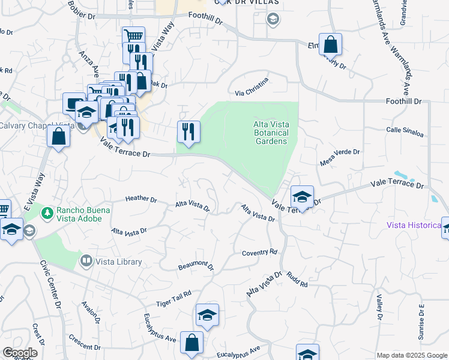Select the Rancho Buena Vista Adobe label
coord(82,215)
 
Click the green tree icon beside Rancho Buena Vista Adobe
coord(47,211)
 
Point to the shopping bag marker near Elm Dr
coord(330,45)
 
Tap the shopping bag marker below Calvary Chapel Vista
coord(58,136)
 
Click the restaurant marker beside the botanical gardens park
coord(188,132)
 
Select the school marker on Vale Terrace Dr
coord(302,197)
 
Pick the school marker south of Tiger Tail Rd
coord(207,316)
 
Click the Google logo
coord(20,353)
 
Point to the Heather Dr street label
coord(141,199)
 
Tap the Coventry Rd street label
coord(259,253)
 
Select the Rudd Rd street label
coord(297,278)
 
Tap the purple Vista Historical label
coord(414,225)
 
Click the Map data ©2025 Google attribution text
coord(412,355)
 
